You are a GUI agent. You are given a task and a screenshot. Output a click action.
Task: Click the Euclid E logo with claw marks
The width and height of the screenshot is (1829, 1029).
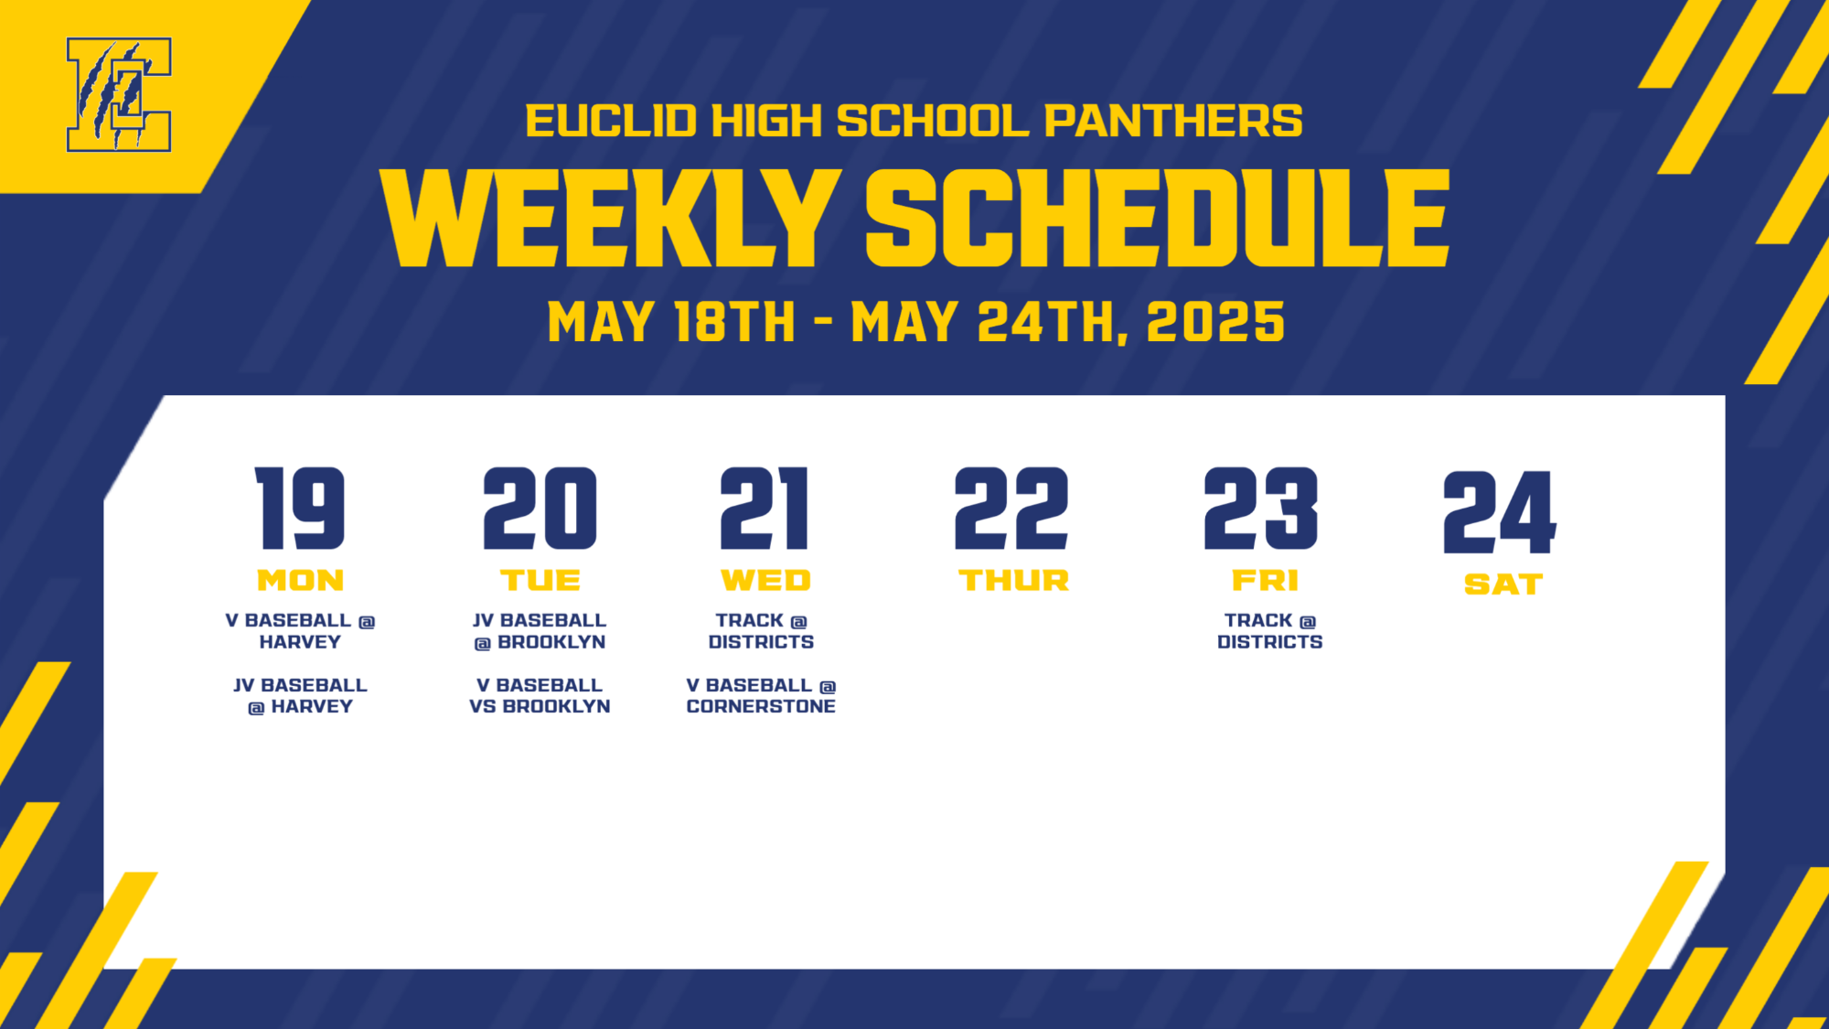(x=119, y=94)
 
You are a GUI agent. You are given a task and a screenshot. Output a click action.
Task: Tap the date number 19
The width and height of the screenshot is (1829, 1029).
(x=300, y=509)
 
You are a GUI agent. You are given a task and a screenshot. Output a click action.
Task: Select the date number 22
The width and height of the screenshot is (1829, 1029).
(x=1011, y=509)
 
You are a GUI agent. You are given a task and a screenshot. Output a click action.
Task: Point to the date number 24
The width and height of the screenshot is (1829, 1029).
(x=1500, y=512)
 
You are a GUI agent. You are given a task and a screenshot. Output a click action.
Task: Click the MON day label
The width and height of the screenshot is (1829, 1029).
(x=301, y=580)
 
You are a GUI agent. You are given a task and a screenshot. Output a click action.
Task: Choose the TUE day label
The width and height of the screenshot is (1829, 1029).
(x=540, y=580)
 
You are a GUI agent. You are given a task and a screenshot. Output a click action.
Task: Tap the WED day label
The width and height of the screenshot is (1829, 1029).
(x=766, y=580)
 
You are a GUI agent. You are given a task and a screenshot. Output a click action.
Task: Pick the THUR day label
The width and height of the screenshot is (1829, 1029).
(x=1014, y=580)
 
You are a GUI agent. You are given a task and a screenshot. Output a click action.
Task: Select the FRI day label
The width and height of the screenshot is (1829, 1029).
(x=1266, y=580)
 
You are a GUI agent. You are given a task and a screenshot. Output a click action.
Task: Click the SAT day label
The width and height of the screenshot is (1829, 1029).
(x=1503, y=584)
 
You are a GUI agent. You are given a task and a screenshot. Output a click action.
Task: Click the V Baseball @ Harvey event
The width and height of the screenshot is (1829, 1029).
(x=300, y=631)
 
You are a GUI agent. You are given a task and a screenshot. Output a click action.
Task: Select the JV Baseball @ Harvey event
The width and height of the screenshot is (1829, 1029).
(x=300, y=695)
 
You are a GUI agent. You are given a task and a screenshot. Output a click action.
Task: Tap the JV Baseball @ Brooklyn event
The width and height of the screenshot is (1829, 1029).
(x=540, y=631)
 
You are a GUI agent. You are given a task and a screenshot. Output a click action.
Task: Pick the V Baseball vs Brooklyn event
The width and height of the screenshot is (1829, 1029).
(x=540, y=695)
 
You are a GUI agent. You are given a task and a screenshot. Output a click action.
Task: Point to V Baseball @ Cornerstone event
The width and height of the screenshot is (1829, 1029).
(x=761, y=695)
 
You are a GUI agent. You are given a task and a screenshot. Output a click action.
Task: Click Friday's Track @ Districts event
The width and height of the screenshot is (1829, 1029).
(x=1269, y=631)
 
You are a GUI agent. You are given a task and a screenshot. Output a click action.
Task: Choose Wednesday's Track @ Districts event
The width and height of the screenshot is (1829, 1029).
(x=761, y=631)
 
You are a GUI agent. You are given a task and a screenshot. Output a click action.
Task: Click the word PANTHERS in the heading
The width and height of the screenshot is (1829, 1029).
(x=1173, y=121)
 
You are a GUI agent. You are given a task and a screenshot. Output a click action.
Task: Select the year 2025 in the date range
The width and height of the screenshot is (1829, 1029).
(x=1215, y=322)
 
